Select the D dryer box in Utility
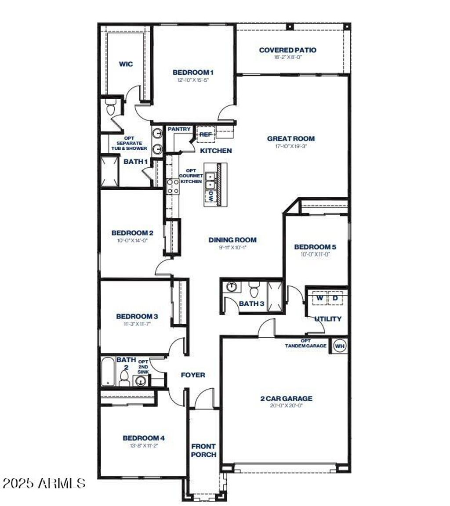coord(335,299)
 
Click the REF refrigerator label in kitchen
coord(206,134)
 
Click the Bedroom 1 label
coord(193,72)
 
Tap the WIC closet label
coord(126,64)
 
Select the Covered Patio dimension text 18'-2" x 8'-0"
coord(287,57)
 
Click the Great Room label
coord(291,139)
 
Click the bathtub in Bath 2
coord(108,371)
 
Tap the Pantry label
coord(179,129)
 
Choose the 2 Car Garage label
coord(286,398)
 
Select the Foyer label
coord(193,375)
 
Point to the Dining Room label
coord(232,240)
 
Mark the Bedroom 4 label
coord(143,438)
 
